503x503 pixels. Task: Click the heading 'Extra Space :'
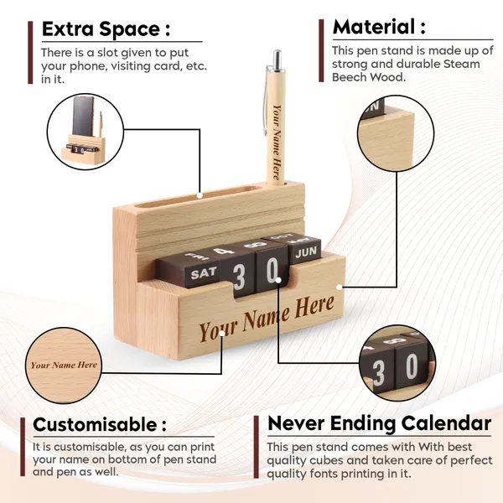click(106, 29)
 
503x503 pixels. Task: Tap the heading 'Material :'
click(379, 27)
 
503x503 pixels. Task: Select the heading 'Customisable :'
click(100, 424)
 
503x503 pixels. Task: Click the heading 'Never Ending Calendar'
click(379, 423)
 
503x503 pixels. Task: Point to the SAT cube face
click(204, 273)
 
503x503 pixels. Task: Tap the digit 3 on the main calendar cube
click(239, 277)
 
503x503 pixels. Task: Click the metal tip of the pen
click(277, 59)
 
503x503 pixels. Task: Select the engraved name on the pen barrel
click(277, 142)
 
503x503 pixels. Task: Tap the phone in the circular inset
click(83, 117)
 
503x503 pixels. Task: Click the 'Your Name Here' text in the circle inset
click(64, 365)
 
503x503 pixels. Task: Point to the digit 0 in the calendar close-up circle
click(412, 368)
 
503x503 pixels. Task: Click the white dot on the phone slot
click(200, 195)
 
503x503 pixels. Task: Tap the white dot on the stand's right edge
click(339, 287)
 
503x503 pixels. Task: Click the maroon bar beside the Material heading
click(321, 50)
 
